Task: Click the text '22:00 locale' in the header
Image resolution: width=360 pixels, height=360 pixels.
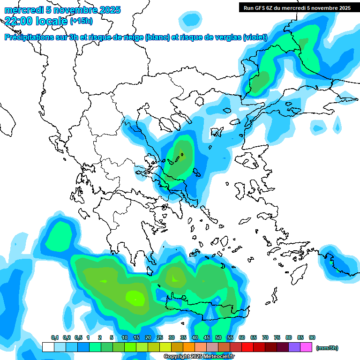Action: point(36,20)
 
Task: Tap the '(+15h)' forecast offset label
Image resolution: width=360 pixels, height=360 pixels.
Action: point(81,21)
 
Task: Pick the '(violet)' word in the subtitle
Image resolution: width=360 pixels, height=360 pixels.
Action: point(255,37)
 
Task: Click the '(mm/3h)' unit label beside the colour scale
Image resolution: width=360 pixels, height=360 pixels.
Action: point(327,348)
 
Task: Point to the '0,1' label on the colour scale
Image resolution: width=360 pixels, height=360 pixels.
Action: point(54,337)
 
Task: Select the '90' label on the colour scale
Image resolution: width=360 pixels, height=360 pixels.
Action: point(312,337)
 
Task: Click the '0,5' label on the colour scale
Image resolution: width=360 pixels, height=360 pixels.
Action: point(78,337)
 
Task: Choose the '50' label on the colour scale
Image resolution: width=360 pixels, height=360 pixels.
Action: point(218,337)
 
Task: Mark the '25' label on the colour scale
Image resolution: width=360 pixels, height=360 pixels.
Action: point(160,337)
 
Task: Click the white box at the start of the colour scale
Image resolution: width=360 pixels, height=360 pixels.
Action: point(48,347)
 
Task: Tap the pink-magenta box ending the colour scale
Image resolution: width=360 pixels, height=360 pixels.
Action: point(306,347)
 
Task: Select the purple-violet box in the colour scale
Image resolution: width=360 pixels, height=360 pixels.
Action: point(294,347)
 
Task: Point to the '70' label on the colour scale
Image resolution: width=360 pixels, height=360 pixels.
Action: point(265,337)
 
